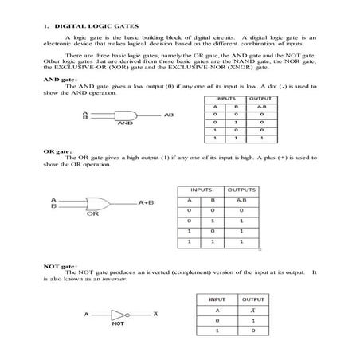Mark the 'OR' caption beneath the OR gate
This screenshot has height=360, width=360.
tap(92, 214)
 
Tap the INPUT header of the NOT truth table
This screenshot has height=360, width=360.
tap(217, 299)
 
